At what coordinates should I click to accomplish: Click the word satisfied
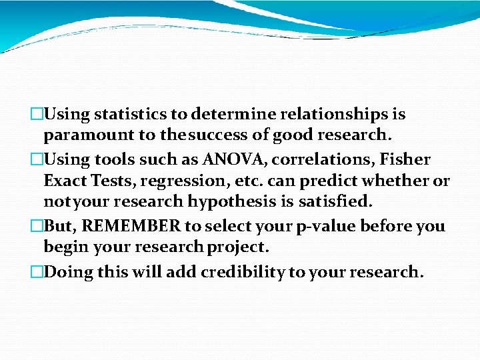(340, 201)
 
